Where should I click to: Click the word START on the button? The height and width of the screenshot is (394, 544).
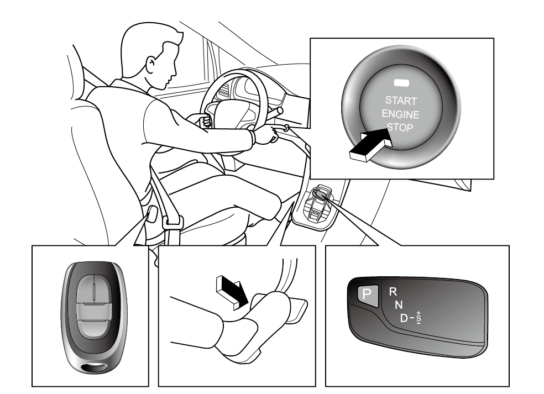pos(401,101)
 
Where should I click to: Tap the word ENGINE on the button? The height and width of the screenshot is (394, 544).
pos(400,114)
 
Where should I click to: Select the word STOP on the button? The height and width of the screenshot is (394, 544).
pos(400,127)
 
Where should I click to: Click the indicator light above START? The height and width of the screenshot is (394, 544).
pos(401,82)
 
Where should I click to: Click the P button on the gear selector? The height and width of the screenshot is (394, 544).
pos(368,295)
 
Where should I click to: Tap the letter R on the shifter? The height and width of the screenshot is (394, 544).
pos(393,292)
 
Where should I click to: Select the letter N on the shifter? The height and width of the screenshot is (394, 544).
pos(399,304)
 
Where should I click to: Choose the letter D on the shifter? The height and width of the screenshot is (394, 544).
pos(404,318)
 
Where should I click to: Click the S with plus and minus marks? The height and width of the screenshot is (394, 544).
pos(419,318)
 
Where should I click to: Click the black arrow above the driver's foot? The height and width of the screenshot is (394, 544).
pos(232,292)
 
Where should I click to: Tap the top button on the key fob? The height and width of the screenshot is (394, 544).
pos(94,288)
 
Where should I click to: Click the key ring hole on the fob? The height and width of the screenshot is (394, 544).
pos(95,367)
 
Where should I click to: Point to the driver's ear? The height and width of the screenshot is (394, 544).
pos(151,64)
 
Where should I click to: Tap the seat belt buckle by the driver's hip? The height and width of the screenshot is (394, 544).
pos(172,222)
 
